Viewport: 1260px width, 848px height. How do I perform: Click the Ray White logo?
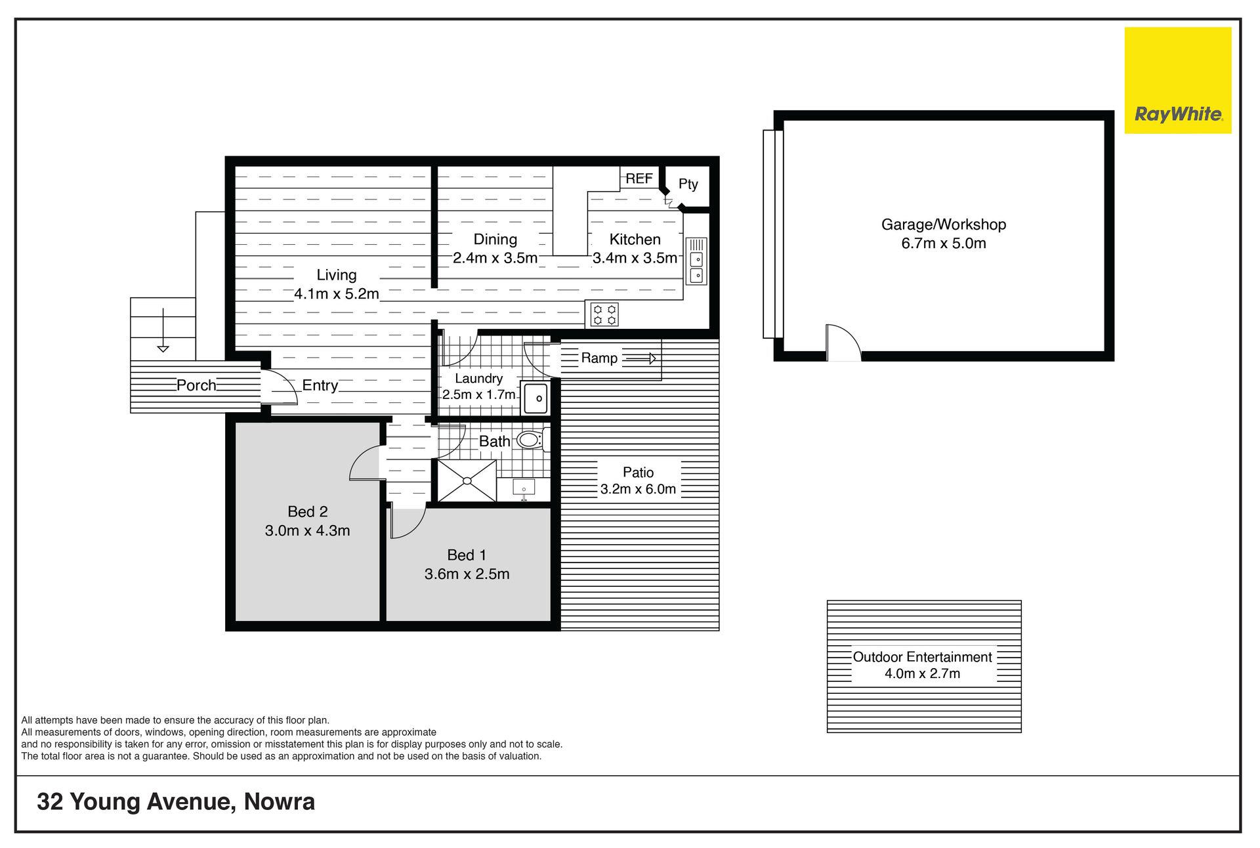pos(1178,80)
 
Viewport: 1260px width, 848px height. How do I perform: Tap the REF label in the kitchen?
pos(639,179)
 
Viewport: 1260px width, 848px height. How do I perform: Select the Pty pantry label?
pos(688,184)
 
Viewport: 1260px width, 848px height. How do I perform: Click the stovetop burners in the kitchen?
pos(604,314)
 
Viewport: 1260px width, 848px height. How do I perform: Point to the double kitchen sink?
pos(696,261)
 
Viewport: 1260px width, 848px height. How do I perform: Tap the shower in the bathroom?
pos(467,481)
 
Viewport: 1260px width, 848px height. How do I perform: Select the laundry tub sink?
pos(535,398)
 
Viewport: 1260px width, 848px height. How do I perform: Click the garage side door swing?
pos(843,342)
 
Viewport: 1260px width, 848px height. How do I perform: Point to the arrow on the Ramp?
pos(640,358)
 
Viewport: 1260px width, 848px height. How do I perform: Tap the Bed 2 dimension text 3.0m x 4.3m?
pos(307,530)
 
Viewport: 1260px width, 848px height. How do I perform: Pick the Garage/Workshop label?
pos(944,224)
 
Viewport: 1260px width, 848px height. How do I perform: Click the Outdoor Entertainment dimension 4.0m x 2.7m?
pos(922,673)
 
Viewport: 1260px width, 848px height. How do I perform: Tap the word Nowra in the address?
pos(280,801)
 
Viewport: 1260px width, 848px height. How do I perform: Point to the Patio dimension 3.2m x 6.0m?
pos(638,489)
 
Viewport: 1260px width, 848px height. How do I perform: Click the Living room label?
pos(337,275)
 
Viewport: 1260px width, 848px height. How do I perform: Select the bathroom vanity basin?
pos(524,488)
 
